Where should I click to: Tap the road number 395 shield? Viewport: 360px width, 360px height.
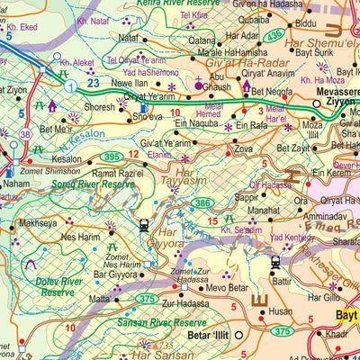click(x=112, y=157)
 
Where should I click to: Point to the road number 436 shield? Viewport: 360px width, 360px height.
click(x=273, y=34)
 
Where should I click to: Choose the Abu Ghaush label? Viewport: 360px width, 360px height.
click(x=222, y=83)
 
